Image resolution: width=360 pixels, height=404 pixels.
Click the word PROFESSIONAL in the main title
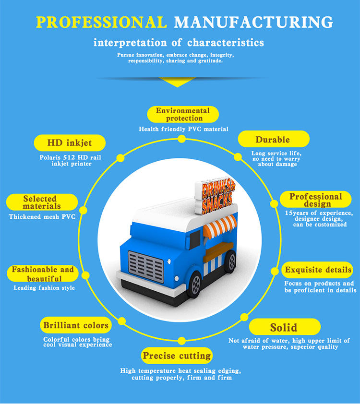click(x=102, y=22)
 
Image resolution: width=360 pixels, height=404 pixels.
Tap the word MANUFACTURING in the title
click(x=254, y=22)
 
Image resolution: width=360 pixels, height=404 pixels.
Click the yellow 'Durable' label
click(x=273, y=140)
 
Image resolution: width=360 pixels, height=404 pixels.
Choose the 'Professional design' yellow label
click(x=315, y=200)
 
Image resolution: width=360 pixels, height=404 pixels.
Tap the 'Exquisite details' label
click(x=318, y=270)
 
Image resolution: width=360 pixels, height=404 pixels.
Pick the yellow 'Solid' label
click(x=283, y=328)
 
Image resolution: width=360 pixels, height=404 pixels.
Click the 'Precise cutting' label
click(x=176, y=356)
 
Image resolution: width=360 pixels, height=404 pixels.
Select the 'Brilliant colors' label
click(x=76, y=325)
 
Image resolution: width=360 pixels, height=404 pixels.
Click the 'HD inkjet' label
click(x=62, y=143)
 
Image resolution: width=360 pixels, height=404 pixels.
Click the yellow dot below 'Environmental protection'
click(x=181, y=139)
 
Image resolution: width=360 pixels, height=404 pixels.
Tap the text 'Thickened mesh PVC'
click(x=42, y=216)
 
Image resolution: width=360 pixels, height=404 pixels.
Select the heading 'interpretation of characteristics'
click(x=179, y=43)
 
